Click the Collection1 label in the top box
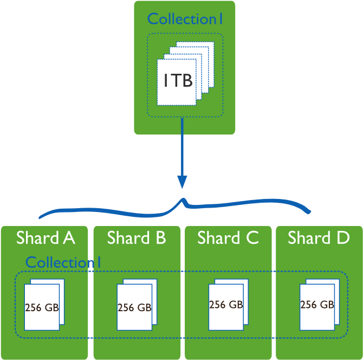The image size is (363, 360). tap(185, 19)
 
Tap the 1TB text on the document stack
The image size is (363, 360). tap(178, 81)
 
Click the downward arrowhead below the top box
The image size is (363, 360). tap(183, 182)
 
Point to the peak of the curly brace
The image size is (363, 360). tap(184, 200)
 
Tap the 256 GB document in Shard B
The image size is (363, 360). tap(134, 307)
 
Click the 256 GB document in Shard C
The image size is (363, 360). tap(226, 305)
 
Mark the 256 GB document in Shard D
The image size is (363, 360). tap(317, 305)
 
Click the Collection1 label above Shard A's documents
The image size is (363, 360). tap(63, 262)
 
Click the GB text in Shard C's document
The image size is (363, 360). tap(236, 305)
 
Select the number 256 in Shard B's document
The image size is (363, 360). tap(126, 308)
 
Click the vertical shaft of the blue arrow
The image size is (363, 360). tap(183, 146)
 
